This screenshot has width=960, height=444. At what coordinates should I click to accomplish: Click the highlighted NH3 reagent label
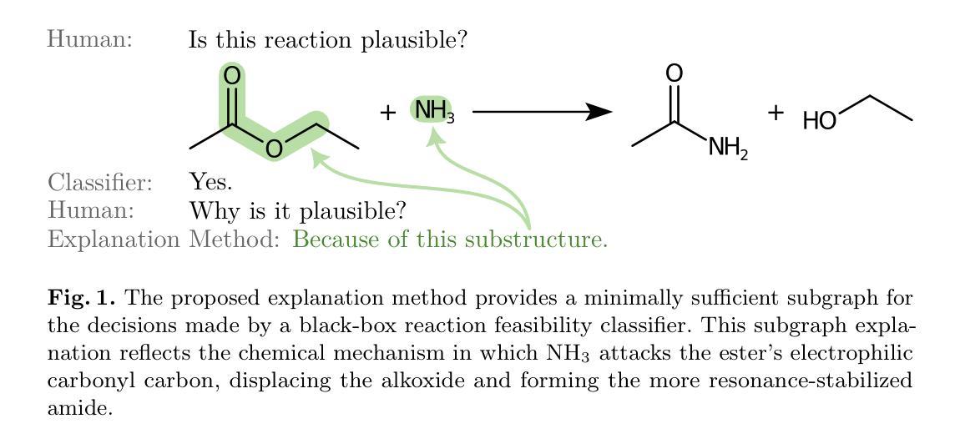pos(434,110)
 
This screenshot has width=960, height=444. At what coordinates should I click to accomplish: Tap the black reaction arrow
pos(543,111)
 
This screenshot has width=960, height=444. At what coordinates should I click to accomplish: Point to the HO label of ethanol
pos(820,122)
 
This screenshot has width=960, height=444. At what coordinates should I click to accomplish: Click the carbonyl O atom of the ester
pos(233,76)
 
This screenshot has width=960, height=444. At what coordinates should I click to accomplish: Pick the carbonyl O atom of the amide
pos(674,73)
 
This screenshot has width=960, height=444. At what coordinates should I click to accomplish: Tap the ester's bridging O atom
pos(273,149)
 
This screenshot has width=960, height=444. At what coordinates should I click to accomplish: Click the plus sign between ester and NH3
pos(387,112)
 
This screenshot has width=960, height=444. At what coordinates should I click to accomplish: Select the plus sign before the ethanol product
pos(776,112)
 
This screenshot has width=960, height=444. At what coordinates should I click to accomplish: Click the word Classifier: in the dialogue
pos(100,182)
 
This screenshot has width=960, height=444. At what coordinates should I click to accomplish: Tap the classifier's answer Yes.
pos(211,182)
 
